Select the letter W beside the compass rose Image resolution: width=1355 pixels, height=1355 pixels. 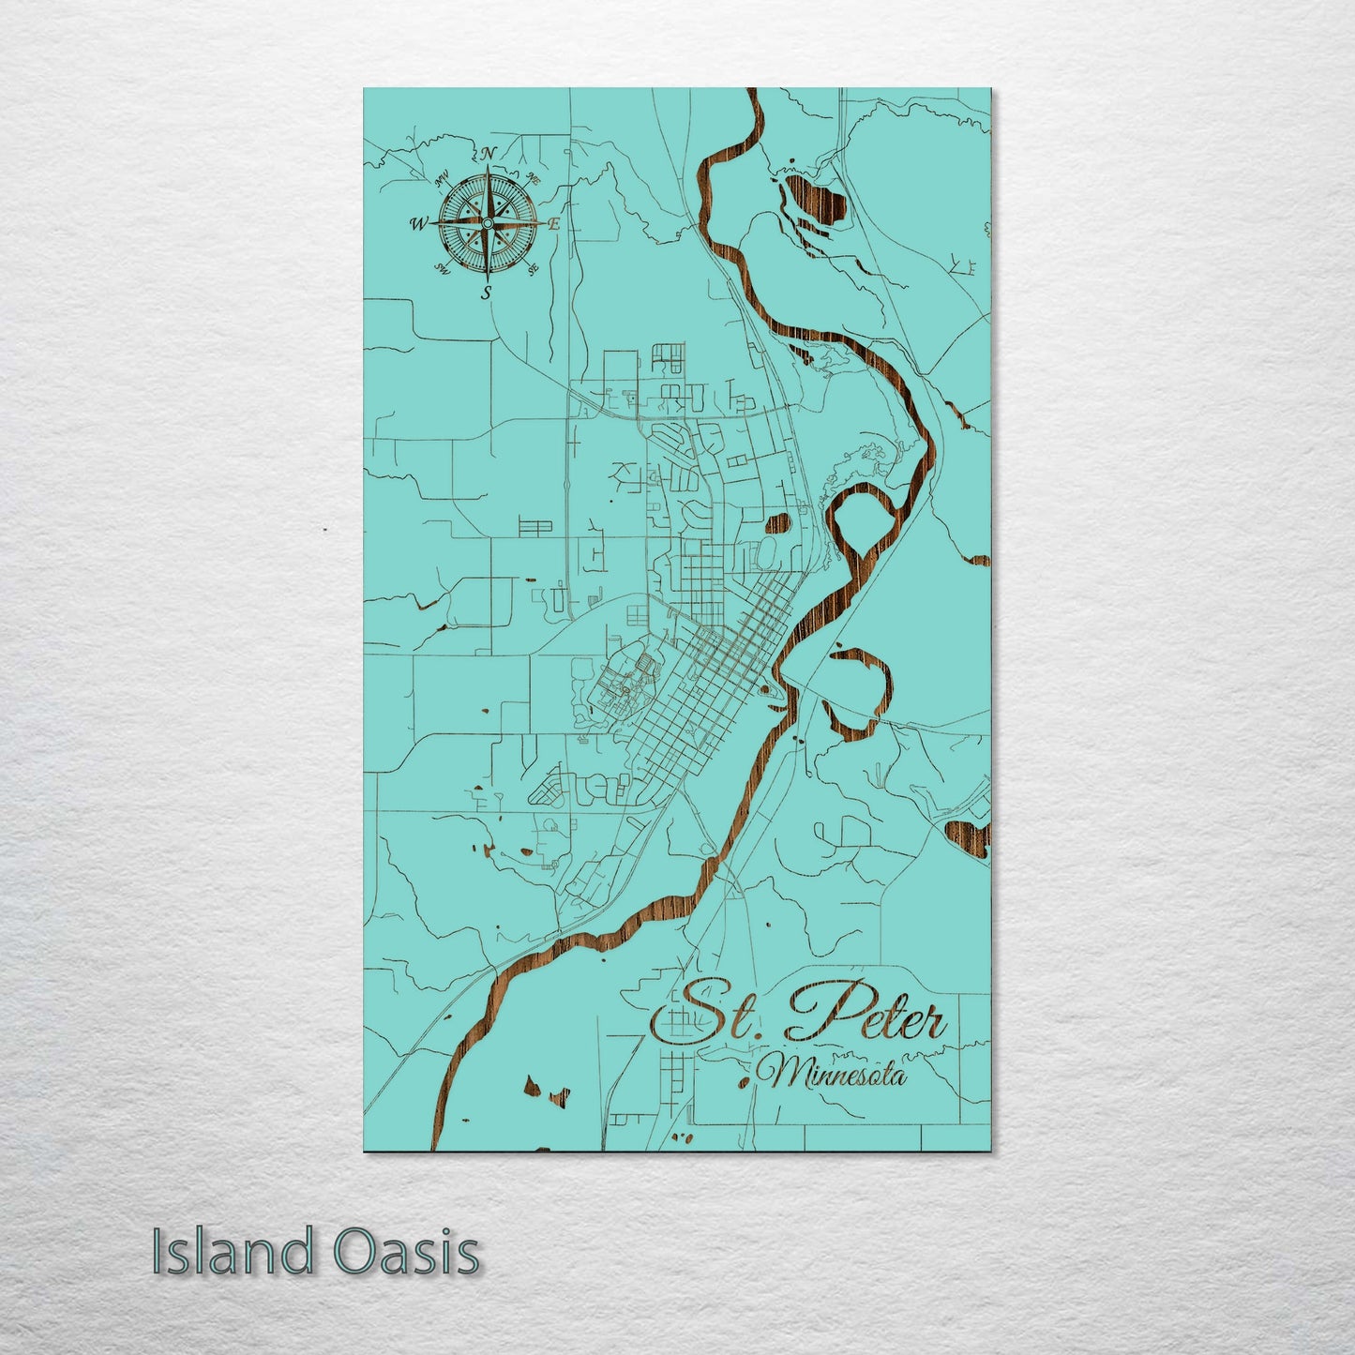[418, 224]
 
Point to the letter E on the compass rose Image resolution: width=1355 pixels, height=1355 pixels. [554, 225]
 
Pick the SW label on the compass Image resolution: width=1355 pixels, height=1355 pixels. [440, 270]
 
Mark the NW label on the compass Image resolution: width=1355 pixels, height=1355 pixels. [443, 175]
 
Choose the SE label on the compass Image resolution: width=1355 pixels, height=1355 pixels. [533, 270]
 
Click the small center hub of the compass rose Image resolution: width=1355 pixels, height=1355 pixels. [487, 222]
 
